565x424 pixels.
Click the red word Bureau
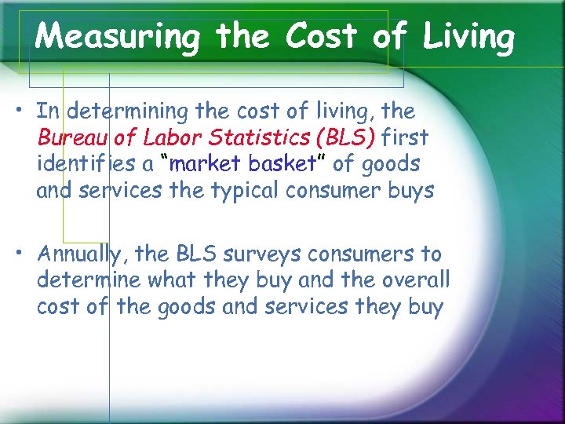click(x=74, y=138)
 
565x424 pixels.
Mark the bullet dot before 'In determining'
click(x=24, y=109)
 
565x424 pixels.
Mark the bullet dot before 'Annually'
click(x=24, y=252)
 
